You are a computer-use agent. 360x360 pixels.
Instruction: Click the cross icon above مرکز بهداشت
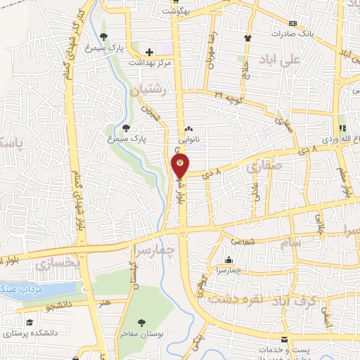click(x=149, y=51)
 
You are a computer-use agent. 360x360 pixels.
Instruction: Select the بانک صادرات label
click(x=293, y=33)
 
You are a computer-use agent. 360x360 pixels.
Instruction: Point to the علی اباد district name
click(x=281, y=60)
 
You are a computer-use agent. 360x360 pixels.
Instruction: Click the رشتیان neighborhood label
click(x=149, y=90)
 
